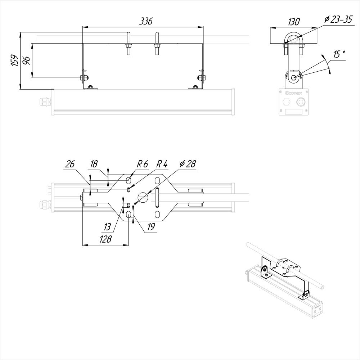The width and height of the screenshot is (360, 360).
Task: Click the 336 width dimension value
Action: (146, 21)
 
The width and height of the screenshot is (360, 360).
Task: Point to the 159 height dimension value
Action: (15, 60)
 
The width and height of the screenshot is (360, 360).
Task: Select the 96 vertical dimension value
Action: (27, 60)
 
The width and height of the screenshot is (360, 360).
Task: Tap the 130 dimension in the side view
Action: (294, 22)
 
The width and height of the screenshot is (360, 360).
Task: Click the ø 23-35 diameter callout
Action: (338, 19)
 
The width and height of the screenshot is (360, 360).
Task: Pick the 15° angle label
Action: (339, 54)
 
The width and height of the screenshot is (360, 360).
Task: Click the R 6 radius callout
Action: (142, 164)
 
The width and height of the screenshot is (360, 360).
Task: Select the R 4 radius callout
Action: (162, 164)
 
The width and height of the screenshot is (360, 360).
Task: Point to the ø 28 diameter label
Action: (188, 164)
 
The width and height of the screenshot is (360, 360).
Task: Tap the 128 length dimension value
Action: (105, 239)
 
